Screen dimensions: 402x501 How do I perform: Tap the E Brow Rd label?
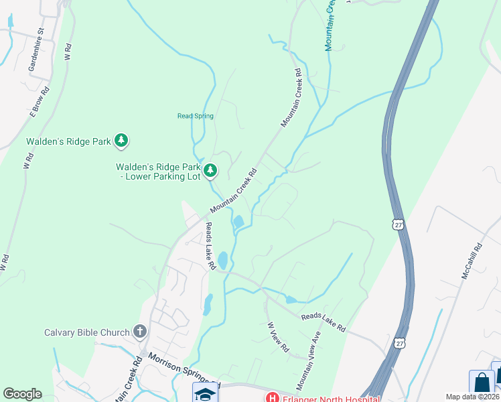40,102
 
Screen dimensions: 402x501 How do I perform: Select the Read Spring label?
195,116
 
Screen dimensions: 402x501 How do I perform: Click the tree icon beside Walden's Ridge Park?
121,141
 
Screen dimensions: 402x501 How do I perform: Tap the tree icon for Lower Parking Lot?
210,170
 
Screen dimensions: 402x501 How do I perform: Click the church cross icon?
139,331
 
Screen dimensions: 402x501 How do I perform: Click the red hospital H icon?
272,397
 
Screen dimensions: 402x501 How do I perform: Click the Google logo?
22,394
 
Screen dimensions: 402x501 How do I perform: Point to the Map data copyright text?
473,397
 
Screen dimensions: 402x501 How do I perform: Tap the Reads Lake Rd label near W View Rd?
324,322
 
